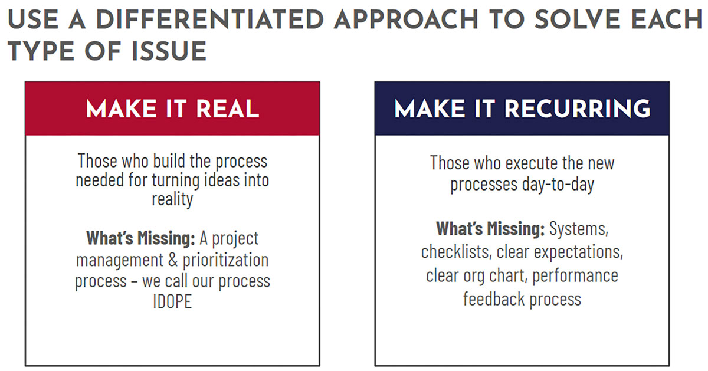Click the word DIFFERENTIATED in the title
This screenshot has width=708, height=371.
(210, 19)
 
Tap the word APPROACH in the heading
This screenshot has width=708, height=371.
(406, 19)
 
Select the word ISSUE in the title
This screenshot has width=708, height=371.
(169, 51)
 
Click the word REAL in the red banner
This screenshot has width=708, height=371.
(228, 109)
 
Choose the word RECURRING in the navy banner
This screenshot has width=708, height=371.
(577, 109)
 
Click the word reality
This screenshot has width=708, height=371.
(172, 200)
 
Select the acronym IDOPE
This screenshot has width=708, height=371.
(172, 301)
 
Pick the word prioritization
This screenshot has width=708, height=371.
(225, 261)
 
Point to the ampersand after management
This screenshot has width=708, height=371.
(173, 260)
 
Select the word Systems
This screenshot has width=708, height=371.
(579, 229)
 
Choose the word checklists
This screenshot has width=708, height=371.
(457, 252)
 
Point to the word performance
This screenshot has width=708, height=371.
(575, 276)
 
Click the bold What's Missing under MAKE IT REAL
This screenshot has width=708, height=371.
(140, 238)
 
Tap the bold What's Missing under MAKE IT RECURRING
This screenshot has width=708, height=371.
(490, 228)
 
